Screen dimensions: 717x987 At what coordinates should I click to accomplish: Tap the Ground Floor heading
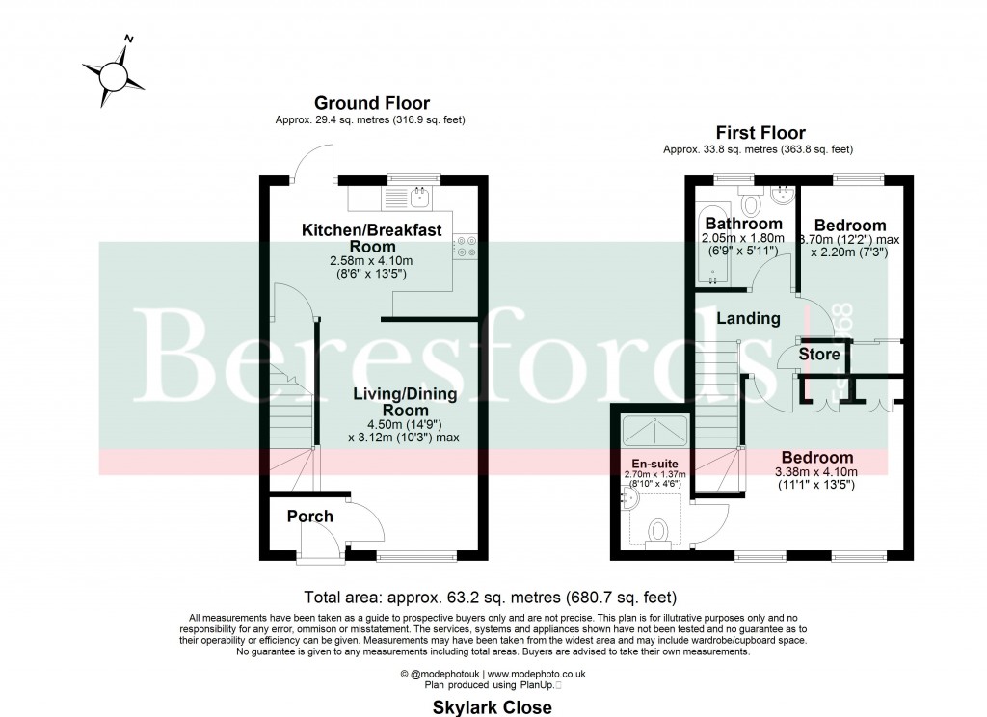tap(372, 103)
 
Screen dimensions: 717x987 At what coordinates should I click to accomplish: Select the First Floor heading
tap(760, 133)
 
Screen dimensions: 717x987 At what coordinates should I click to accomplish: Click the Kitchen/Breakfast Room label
tap(372, 238)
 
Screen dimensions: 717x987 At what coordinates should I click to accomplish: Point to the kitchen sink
tap(419, 198)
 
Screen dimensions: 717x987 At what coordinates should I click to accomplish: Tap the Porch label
tap(309, 516)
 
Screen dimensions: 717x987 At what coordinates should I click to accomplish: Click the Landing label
tap(748, 318)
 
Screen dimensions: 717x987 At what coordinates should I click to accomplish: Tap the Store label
tap(819, 355)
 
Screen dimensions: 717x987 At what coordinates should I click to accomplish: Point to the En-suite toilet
tap(659, 532)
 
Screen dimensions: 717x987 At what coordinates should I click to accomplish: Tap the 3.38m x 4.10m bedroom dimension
tap(817, 472)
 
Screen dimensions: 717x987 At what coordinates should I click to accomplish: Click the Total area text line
tap(491, 596)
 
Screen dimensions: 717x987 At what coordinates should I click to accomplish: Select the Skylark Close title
tap(492, 707)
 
